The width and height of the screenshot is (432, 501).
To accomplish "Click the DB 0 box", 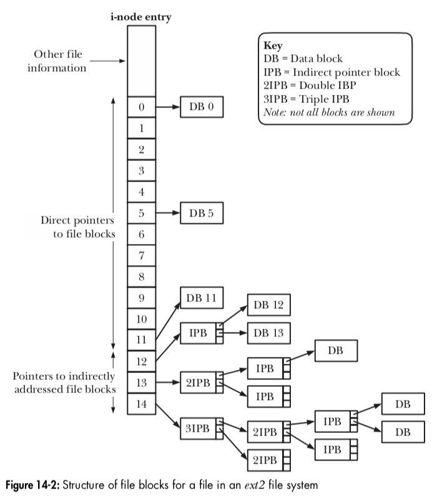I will [x=202, y=107].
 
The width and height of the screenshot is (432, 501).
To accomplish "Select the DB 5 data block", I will [x=202, y=213].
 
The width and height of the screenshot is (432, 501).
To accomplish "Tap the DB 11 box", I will [x=202, y=298].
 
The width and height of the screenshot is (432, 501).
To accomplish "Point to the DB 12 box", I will [x=269, y=305].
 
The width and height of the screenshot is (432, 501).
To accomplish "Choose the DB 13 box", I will [x=269, y=334].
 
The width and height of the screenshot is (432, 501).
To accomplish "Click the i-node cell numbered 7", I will [x=142, y=255].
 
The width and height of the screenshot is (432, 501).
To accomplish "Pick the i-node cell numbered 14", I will [x=142, y=404].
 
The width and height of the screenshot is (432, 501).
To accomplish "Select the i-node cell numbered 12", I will [x=142, y=361].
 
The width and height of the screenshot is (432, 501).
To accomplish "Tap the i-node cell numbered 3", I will [x=142, y=170].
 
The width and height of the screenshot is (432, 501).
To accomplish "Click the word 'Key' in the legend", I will [x=273, y=46].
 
